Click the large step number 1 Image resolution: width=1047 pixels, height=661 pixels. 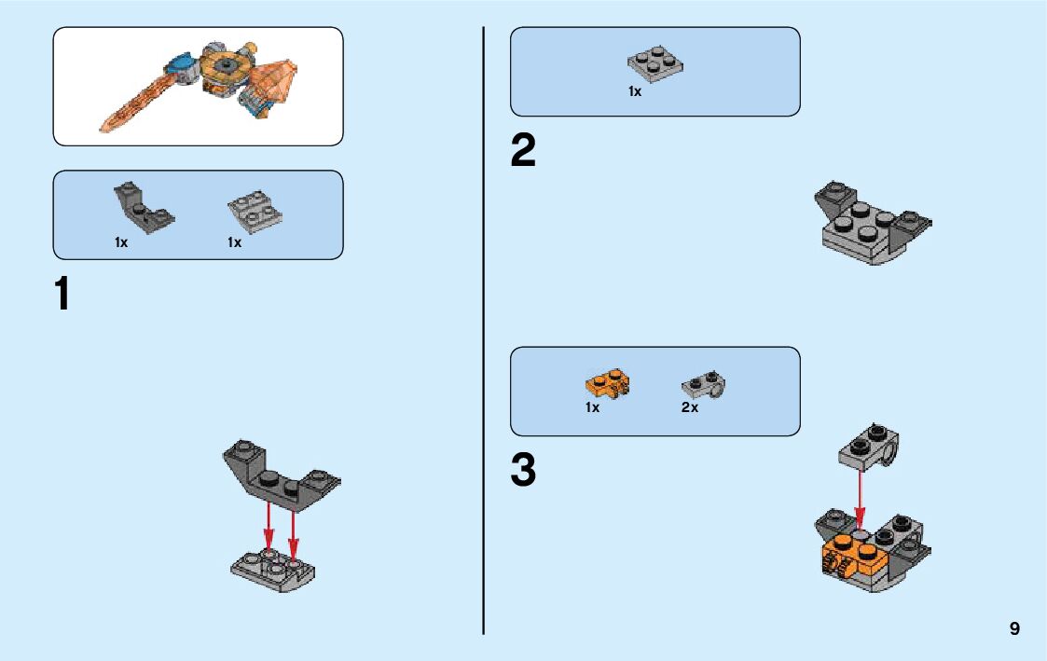click(x=62, y=295)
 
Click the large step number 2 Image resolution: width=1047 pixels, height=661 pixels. click(x=523, y=152)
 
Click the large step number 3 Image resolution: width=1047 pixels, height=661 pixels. click(x=523, y=471)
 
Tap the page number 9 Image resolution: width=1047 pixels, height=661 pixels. click(x=1014, y=629)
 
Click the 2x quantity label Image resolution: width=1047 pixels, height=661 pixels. click(x=689, y=407)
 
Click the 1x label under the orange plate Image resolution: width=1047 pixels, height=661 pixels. click(x=592, y=407)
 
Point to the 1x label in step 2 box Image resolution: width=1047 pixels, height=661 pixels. click(x=634, y=91)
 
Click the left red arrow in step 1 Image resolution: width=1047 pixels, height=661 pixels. click(x=269, y=528)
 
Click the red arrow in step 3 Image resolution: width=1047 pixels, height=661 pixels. click(x=860, y=503)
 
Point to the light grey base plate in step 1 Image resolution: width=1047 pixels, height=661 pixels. click(x=273, y=571)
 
